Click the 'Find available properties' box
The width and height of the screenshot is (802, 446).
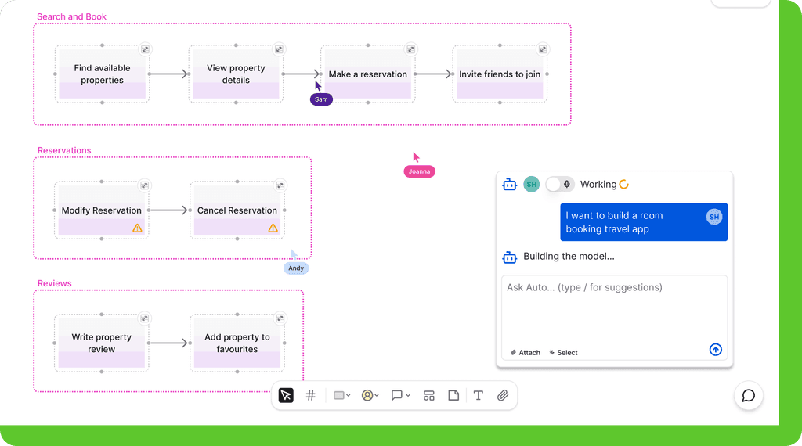pyautogui.click(x=103, y=74)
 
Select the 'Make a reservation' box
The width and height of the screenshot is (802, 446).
pyautogui.click(x=368, y=74)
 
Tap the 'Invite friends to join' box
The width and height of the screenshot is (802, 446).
pyautogui.click(x=500, y=74)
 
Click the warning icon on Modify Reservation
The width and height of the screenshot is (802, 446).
pyautogui.click(x=137, y=228)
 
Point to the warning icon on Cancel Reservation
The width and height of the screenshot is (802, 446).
pyautogui.click(x=273, y=228)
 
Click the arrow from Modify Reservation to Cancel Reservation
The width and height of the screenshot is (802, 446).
pyautogui.click(x=169, y=210)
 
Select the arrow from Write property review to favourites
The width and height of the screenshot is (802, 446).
pyautogui.click(x=169, y=343)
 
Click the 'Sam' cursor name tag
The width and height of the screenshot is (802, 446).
pyautogui.click(x=321, y=99)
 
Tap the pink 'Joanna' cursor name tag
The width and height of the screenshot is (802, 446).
pyautogui.click(x=420, y=171)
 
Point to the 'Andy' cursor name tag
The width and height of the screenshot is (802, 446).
pyautogui.click(x=296, y=268)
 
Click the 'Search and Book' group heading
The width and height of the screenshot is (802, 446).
pyautogui.click(x=71, y=17)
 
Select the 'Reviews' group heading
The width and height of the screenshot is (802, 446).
pyautogui.click(x=54, y=283)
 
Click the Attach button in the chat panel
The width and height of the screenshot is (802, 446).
pyautogui.click(x=526, y=353)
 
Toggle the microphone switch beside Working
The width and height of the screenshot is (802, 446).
pyautogui.click(x=559, y=185)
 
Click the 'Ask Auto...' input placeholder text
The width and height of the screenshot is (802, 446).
pyautogui.click(x=584, y=287)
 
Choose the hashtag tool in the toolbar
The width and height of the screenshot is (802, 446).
pyautogui.click(x=310, y=395)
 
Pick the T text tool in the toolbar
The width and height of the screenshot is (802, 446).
pyautogui.click(x=479, y=395)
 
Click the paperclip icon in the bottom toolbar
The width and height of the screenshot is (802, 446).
pyautogui.click(x=503, y=395)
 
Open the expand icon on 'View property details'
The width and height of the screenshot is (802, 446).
pyautogui.click(x=279, y=49)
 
